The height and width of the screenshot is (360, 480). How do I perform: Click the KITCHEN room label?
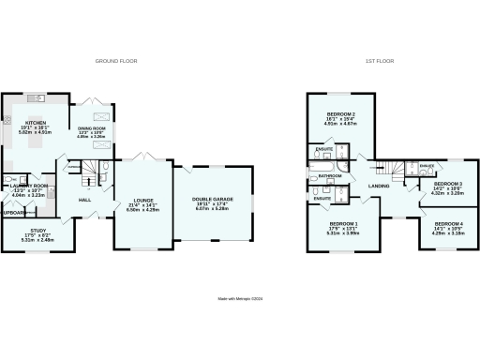pyautogui.click(x=35, y=123)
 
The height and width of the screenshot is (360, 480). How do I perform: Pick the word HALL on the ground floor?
pyautogui.click(x=84, y=201)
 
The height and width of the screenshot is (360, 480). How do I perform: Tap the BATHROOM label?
pyautogui.click(x=329, y=175)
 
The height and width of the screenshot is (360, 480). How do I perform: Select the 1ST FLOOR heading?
pyautogui.click(x=378, y=61)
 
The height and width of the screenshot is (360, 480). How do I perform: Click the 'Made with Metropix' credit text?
pyautogui.click(x=239, y=300)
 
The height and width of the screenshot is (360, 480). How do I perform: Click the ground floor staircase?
pyautogui.click(x=88, y=170)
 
